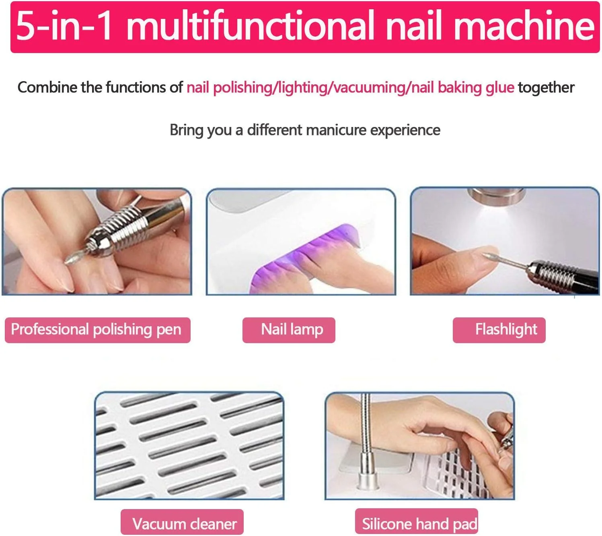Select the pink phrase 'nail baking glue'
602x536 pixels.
462,88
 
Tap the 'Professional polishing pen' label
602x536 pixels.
97,330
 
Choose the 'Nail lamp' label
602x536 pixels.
288,330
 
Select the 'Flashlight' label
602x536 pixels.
499,330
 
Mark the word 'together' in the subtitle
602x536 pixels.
546,87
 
